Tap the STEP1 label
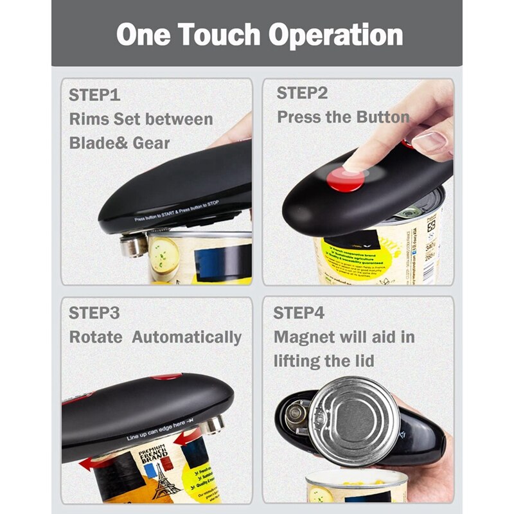click(94, 96)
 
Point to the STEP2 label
click(302, 93)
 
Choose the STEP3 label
click(94, 314)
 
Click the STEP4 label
click(299, 314)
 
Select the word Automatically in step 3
click(187, 337)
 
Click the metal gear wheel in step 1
click(132, 244)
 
